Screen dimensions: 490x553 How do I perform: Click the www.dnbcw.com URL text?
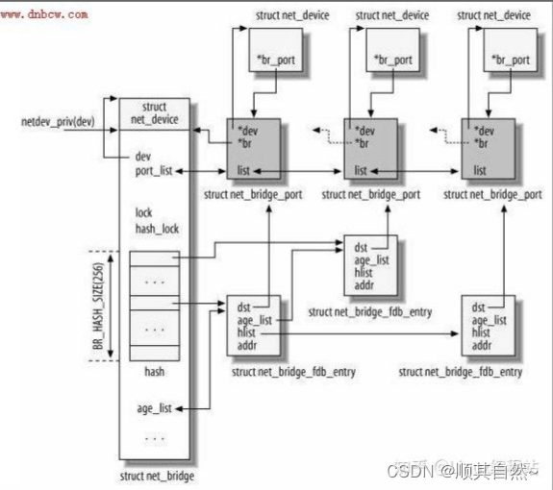(46, 14)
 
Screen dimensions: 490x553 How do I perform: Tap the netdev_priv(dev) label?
(57, 123)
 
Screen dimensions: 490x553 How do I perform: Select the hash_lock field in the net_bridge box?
(156, 228)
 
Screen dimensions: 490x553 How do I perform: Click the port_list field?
(154, 170)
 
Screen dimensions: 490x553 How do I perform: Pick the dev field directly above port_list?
(143, 155)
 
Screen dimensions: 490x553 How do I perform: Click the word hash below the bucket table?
(154, 370)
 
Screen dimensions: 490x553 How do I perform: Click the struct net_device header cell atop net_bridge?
(154, 112)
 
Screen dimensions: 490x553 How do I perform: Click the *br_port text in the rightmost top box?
(511, 60)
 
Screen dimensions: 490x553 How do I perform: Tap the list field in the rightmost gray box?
(478, 170)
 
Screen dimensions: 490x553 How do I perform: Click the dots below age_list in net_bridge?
(154, 438)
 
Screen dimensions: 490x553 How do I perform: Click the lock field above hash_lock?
(144, 212)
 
